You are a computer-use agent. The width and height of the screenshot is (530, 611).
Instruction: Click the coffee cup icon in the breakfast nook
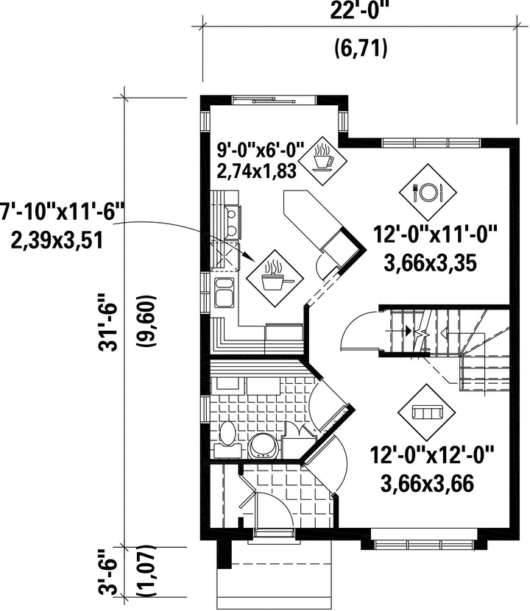323,158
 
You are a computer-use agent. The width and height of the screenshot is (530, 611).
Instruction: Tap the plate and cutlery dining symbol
428,191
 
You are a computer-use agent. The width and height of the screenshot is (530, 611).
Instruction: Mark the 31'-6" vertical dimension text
108,322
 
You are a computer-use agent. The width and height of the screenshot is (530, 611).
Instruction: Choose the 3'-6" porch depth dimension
109,571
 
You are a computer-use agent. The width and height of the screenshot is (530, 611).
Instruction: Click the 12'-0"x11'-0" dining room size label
436,235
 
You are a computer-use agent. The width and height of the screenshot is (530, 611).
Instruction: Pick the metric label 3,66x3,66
428,484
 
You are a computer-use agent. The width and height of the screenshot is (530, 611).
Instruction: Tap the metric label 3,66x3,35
431,263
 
